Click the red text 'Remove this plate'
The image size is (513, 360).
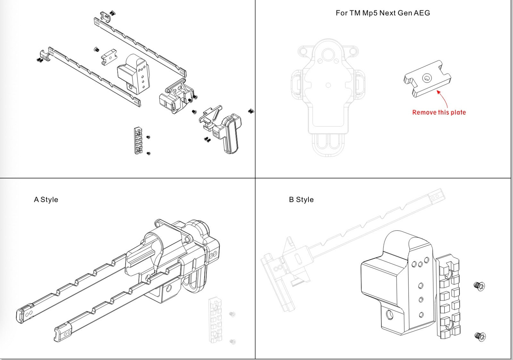coord(439,112)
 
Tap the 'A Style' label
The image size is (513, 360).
coord(46,200)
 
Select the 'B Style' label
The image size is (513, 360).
coord(301,200)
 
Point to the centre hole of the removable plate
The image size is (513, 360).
coord(426,78)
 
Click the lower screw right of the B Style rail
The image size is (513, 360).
coord(480,337)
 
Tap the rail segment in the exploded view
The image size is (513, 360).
coord(138,140)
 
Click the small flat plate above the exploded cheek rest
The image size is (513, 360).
coord(109,56)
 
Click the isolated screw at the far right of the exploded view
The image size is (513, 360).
coord(251,111)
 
